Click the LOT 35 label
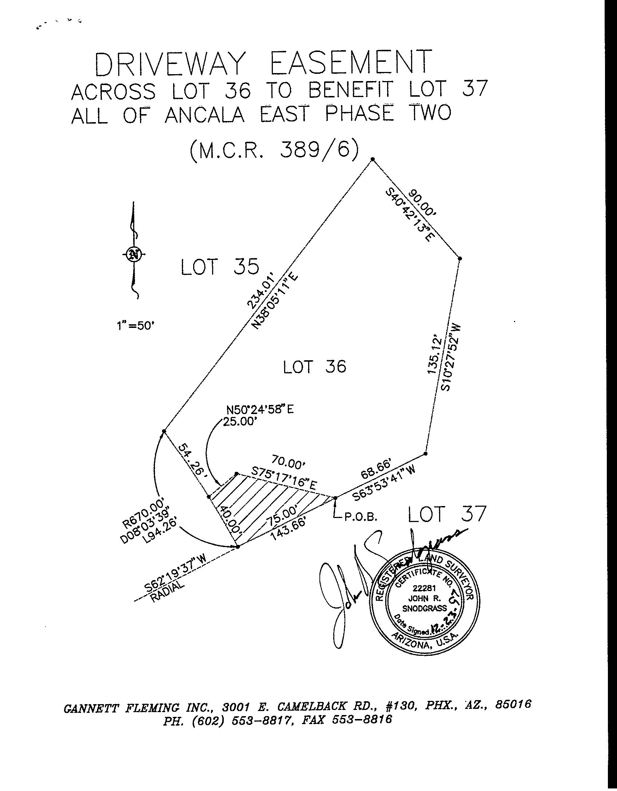(220, 267)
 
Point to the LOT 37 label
(447, 514)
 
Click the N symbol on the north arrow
(134, 254)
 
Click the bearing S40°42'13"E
(410, 220)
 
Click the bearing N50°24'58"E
(260, 410)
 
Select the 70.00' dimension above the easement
(289, 464)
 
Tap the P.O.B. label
(361, 518)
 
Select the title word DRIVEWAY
(168, 65)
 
